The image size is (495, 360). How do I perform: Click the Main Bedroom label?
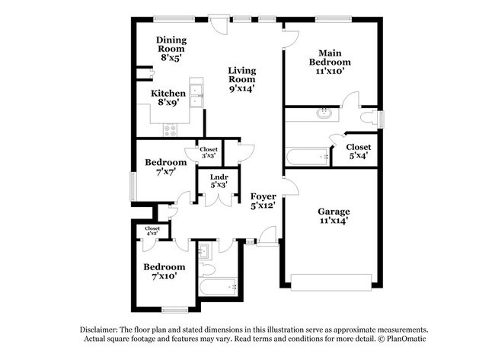tap(330, 57)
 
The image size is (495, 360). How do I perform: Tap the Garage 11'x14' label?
tap(334, 216)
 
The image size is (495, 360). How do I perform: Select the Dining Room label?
tap(171, 44)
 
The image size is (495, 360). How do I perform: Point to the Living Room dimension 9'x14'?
tap(242, 88)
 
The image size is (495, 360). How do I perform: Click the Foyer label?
tap(263, 196)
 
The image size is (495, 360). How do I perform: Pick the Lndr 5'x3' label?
tap(219, 181)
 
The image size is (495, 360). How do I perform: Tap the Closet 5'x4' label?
tap(359, 151)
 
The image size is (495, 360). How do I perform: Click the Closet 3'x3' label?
tap(209, 152)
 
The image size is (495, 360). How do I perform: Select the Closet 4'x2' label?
tap(152, 231)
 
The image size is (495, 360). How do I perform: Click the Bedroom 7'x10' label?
tap(164, 272)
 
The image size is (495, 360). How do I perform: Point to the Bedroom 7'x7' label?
tap(166, 167)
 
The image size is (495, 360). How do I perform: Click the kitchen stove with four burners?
tap(170, 130)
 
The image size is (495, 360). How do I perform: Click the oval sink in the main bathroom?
tap(324, 113)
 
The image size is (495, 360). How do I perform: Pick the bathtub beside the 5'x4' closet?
tap(308, 157)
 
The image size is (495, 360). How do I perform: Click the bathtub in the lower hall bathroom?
tap(218, 287)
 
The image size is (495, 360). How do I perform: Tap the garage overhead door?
tap(331, 282)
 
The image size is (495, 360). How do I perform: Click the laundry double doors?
tap(219, 200)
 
